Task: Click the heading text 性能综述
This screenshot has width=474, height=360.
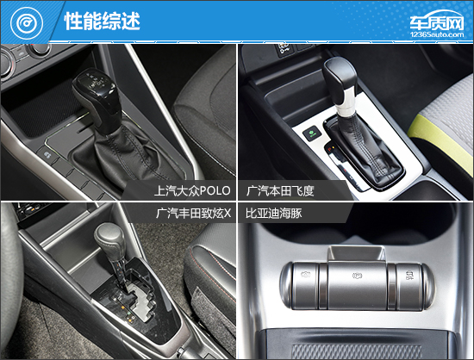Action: point(102,21)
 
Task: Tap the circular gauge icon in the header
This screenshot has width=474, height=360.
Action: point(27,23)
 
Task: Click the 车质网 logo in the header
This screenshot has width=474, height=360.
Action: point(437,21)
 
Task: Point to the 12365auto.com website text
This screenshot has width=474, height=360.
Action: point(437,34)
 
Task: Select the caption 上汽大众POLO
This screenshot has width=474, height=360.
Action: point(192,190)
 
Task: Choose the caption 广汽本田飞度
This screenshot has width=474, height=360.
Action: point(280,190)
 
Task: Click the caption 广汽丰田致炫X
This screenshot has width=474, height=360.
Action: point(193,214)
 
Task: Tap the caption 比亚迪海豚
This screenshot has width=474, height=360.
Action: point(273,214)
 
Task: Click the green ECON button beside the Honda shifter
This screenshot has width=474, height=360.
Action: point(311,133)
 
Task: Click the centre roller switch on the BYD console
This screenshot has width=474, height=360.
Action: point(358,285)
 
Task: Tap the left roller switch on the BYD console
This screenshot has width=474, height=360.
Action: point(305,285)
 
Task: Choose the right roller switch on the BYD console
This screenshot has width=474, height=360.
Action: point(409,285)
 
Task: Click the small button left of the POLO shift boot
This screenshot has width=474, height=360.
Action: point(47,155)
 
